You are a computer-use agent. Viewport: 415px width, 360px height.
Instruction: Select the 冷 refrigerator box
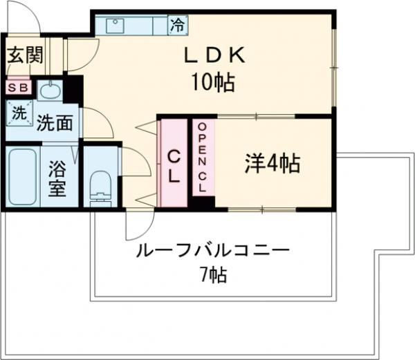click(x=178, y=26)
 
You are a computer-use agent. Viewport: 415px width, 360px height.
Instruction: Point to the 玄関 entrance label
click(x=24, y=55)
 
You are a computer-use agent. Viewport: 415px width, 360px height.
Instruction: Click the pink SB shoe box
click(x=17, y=88)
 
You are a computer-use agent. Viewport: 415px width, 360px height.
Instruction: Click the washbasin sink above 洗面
click(x=48, y=91)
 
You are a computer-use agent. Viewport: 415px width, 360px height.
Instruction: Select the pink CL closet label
click(x=173, y=165)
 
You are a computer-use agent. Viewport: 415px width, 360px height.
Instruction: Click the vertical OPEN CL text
click(x=202, y=158)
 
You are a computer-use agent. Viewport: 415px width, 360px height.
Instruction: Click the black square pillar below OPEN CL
click(x=202, y=202)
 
